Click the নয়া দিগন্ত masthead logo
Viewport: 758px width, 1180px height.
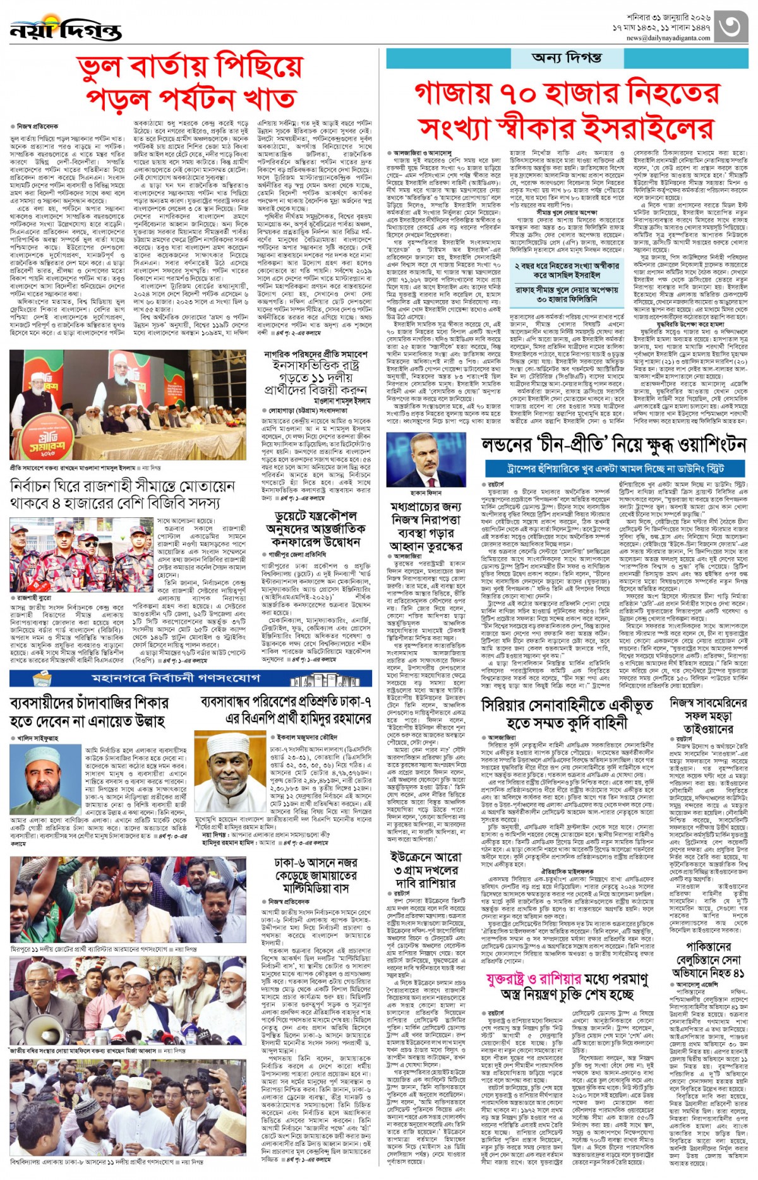[65, 29]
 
